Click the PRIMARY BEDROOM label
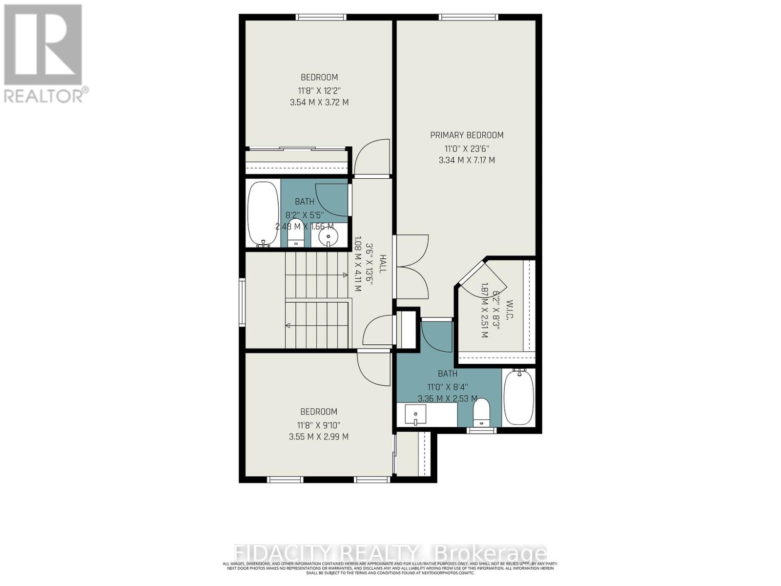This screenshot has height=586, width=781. pyautogui.click(x=467, y=135)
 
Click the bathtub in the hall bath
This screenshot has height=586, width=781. pyautogui.click(x=263, y=213)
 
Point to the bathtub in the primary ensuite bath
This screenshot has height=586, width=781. pyautogui.click(x=519, y=397)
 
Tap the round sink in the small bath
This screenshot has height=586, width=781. pyautogui.click(x=328, y=238)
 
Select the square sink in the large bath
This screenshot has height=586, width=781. pyautogui.click(x=415, y=415)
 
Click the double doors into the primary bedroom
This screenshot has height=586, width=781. pyautogui.click(x=413, y=267)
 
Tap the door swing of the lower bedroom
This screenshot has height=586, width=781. pyautogui.click(x=374, y=368)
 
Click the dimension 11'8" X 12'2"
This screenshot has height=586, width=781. pyautogui.click(x=319, y=90)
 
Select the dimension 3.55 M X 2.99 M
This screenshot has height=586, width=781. pyautogui.click(x=319, y=437)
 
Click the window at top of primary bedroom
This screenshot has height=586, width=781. pyautogui.click(x=468, y=18)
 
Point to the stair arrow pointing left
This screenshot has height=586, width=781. pyautogui.click(x=288, y=325)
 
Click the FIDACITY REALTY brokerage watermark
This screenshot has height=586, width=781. pyautogui.click(x=390, y=553)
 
